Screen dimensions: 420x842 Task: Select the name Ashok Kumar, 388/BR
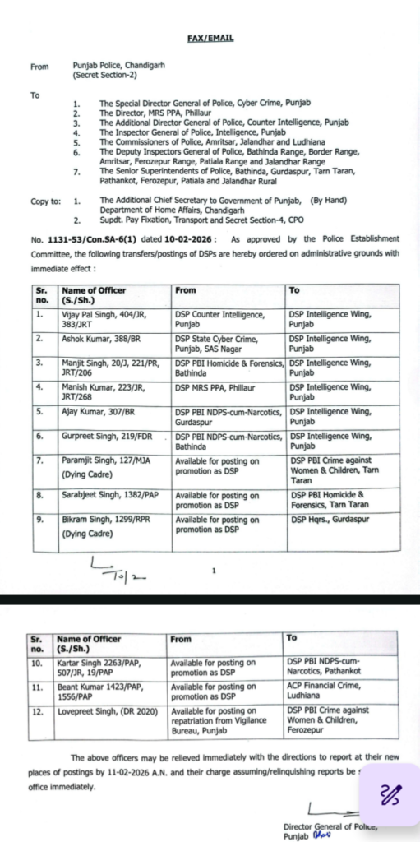pyautogui.click(x=91, y=338)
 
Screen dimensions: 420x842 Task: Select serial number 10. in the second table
pyautogui.click(x=39, y=662)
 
